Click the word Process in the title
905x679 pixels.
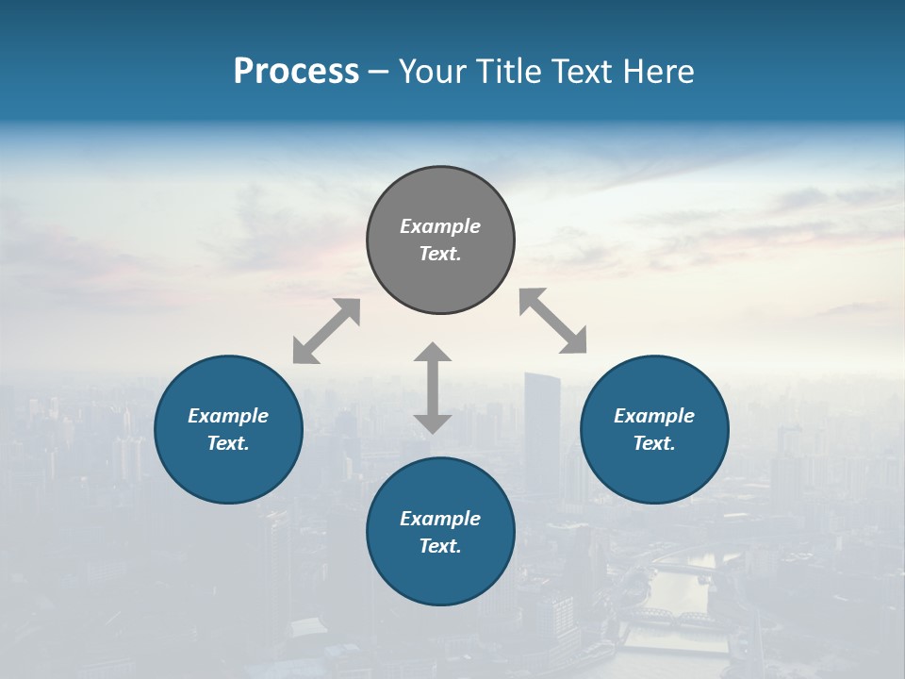[x=296, y=72]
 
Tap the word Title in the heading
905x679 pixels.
[x=506, y=72]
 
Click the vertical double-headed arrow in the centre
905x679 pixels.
[x=433, y=388]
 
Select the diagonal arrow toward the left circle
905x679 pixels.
[x=326, y=331]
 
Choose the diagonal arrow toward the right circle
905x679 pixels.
[x=553, y=321]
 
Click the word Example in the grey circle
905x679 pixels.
[x=440, y=226]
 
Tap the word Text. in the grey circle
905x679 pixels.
[x=440, y=254]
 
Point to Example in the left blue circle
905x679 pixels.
[x=228, y=416]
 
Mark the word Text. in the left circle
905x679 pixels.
[x=228, y=443]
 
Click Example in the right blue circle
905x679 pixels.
[x=654, y=416]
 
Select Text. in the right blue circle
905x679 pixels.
[x=654, y=443]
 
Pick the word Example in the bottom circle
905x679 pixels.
[x=440, y=519]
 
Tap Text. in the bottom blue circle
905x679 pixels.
[x=440, y=546]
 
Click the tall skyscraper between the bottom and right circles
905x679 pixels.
[x=542, y=424]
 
